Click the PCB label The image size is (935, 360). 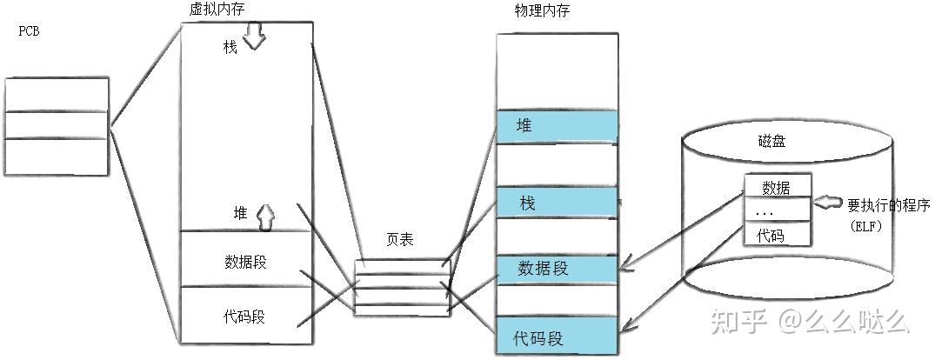pos(30,31)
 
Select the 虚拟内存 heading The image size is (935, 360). pos(216,10)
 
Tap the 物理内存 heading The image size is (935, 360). pos(542,10)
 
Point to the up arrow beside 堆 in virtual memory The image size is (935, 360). pos(265,216)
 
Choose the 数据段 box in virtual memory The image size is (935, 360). pos(244,261)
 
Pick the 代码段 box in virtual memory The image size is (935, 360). pos(244,316)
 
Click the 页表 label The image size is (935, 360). pos(399,240)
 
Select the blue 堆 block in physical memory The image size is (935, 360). pos(557,126)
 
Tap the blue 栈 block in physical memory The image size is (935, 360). pos(557,203)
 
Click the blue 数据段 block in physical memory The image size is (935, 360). pos(557,268)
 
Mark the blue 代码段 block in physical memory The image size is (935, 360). pos(557,337)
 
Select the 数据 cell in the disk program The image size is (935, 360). pos(776,188)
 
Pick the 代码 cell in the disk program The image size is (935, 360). pos(776,235)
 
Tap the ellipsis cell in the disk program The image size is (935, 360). pos(776,211)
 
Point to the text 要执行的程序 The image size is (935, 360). pos(889,206)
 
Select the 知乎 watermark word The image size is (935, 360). pos(738,323)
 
